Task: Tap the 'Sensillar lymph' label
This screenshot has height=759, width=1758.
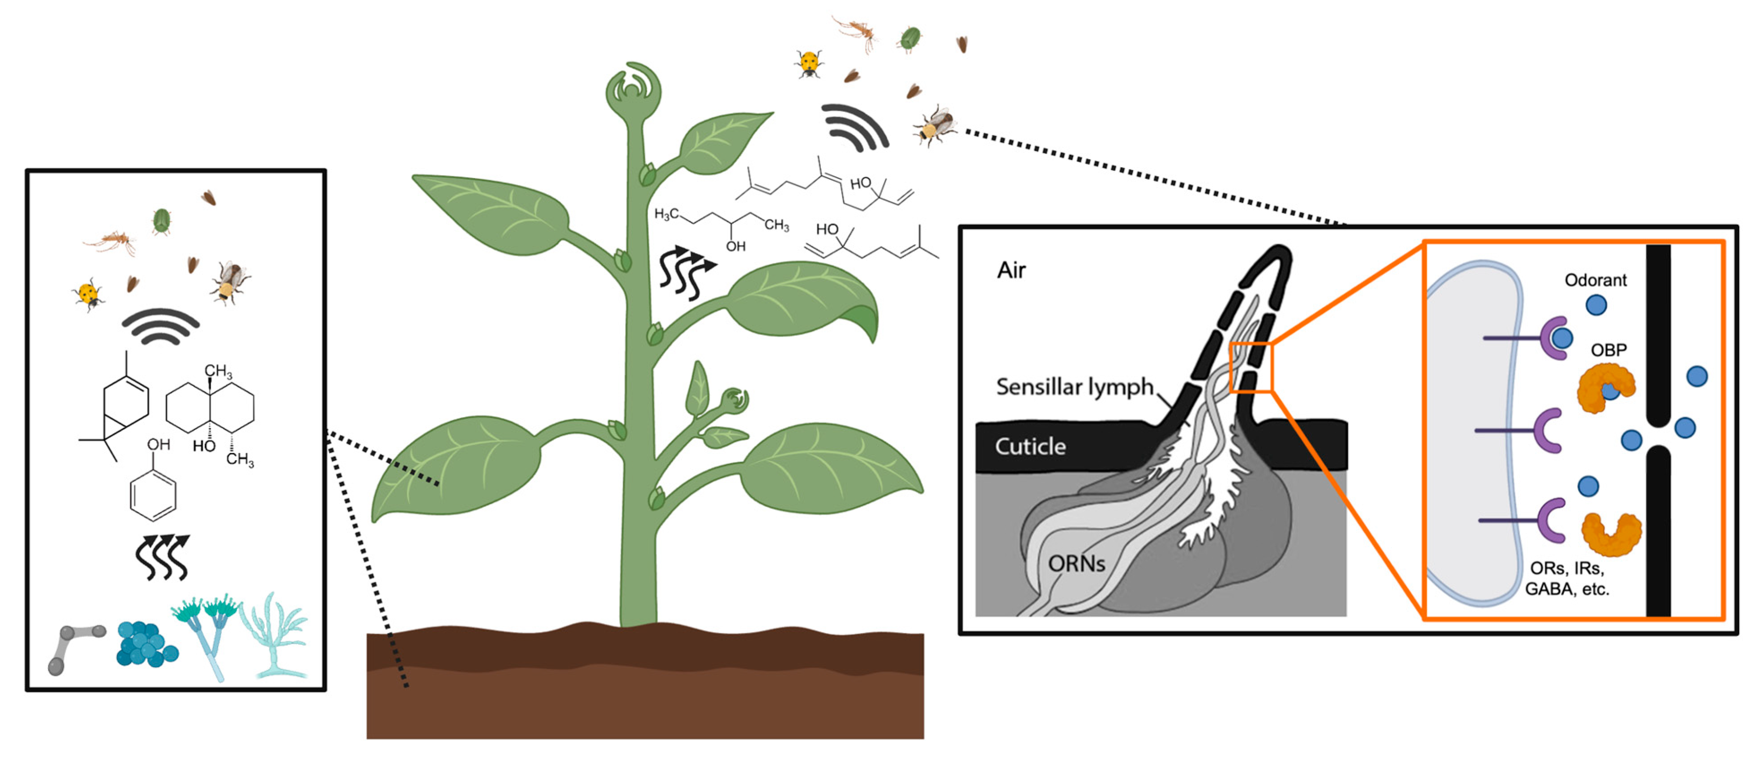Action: [1074, 387]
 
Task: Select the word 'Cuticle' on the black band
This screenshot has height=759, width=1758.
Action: [1030, 447]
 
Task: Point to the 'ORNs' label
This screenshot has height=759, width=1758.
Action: [1076, 564]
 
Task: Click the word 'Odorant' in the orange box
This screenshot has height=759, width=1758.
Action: [1595, 280]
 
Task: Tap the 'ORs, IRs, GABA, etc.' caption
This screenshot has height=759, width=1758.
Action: [1567, 578]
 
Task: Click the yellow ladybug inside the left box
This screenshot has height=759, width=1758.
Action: [89, 295]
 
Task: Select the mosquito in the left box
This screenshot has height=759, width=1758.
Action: [111, 241]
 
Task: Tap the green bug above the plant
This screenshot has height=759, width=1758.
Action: [910, 39]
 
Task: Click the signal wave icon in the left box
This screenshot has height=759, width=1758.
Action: [160, 326]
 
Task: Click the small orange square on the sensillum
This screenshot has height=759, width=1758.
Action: [1250, 368]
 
